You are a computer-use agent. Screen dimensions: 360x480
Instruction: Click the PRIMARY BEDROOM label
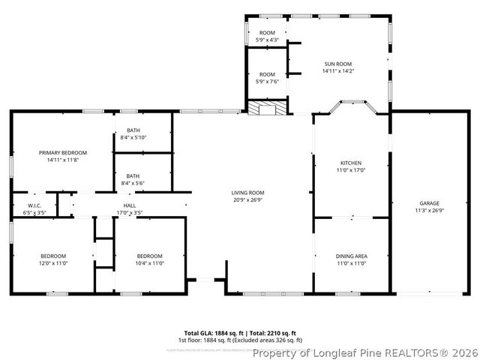(x=63, y=152)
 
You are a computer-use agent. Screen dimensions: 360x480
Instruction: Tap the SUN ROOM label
(x=337, y=64)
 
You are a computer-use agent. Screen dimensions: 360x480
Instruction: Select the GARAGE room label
(x=429, y=203)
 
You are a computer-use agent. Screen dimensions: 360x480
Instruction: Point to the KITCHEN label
(x=351, y=163)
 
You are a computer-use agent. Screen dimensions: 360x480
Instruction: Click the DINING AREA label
(x=351, y=256)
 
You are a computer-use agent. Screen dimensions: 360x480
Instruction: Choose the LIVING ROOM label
(x=247, y=193)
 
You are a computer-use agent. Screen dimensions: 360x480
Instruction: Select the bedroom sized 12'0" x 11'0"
(x=53, y=256)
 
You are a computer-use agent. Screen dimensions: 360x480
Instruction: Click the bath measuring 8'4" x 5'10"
(x=133, y=130)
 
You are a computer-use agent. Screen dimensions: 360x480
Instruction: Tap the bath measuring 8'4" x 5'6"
(x=133, y=176)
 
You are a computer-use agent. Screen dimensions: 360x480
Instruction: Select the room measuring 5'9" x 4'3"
(x=267, y=33)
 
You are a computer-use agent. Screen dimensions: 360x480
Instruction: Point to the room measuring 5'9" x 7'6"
(x=267, y=75)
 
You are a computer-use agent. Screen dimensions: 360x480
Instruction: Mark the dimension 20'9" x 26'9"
(x=247, y=200)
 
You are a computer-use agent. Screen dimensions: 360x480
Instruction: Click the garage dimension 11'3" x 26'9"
(x=429, y=211)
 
